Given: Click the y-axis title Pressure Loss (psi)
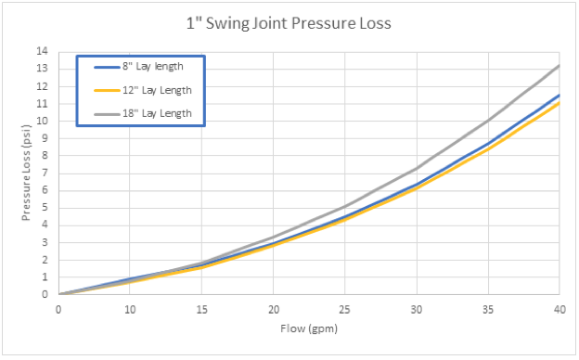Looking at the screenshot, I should (x=28, y=173).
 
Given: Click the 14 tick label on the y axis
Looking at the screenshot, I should (x=42, y=51).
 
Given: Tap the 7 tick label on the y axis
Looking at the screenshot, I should (x=45, y=173).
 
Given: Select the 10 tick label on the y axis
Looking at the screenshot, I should (x=42, y=121).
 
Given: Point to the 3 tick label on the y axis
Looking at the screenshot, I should (x=45, y=242).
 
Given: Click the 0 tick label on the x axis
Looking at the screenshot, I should (x=58, y=309).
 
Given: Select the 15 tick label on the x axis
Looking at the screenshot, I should (x=201, y=309).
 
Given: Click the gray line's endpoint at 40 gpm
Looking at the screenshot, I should (x=559, y=65).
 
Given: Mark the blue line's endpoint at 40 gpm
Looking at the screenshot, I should (x=559, y=95).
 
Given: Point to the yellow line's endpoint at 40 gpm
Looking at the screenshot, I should (x=559, y=103).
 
